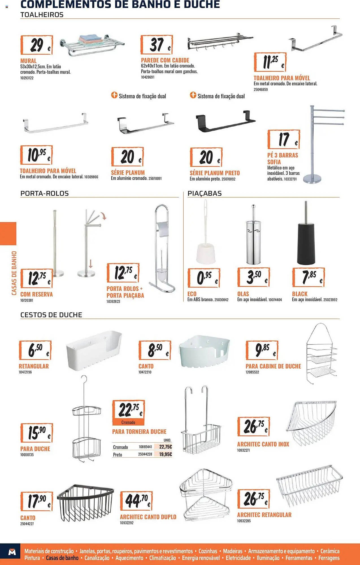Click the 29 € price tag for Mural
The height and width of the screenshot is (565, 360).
click(x=37, y=45)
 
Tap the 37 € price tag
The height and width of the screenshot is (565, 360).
click(x=157, y=45)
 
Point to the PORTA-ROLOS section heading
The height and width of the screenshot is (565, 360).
click(x=45, y=194)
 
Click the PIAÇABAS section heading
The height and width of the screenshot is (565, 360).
click(x=205, y=194)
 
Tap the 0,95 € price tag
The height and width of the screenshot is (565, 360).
click(x=204, y=278)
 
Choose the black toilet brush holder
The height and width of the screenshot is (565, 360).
click(x=306, y=233)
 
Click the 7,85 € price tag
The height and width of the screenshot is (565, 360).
click(x=309, y=277)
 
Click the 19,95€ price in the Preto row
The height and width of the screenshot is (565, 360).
click(x=166, y=454)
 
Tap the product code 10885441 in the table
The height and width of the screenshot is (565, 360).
click(x=145, y=447)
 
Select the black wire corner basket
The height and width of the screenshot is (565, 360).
click(x=85, y=503)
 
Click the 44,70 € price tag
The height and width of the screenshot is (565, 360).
click(x=136, y=501)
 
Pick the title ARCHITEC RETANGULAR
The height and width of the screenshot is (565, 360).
click(x=264, y=515)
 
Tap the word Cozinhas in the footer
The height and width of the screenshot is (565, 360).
click(x=208, y=551)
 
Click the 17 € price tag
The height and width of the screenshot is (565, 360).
click(x=284, y=139)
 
